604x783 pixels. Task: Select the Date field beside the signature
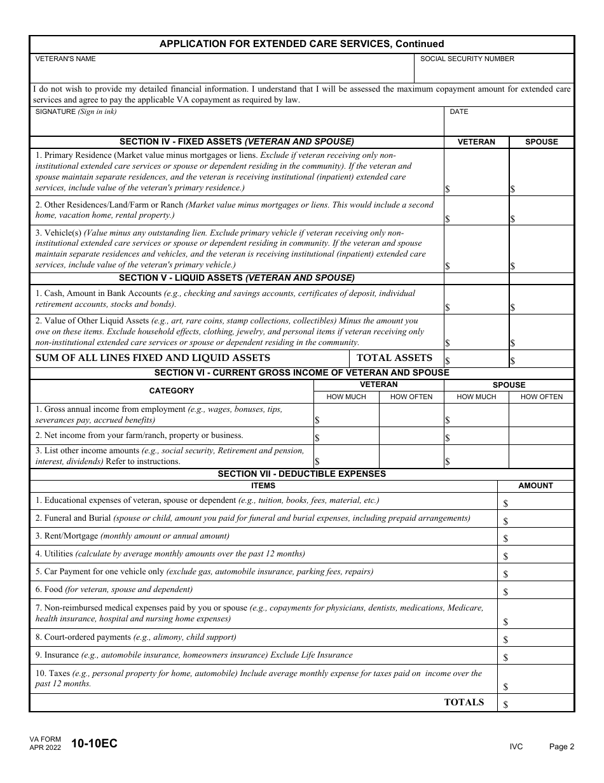click(x=509, y=125)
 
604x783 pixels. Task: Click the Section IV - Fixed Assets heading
click(x=237, y=142)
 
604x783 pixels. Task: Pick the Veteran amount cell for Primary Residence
click(x=476, y=173)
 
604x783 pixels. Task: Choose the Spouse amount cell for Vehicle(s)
click(x=542, y=249)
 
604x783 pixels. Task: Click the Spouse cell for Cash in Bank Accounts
click(x=542, y=299)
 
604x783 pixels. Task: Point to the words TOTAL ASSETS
click(x=394, y=358)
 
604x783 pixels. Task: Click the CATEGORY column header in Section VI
click(x=172, y=391)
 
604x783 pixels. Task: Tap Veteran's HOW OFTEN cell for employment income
click(x=411, y=415)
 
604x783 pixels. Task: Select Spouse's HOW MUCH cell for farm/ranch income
click(x=476, y=436)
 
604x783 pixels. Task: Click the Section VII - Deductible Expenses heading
click(x=301, y=474)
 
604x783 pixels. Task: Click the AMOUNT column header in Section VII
click(x=535, y=486)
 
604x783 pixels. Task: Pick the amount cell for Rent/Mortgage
click(x=535, y=537)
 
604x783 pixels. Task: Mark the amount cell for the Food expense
click(x=535, y=590)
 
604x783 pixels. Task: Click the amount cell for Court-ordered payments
click(x=535, y=638)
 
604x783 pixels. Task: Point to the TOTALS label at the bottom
click(x=463, y=702)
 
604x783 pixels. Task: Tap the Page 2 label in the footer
click(x=561, y=747)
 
